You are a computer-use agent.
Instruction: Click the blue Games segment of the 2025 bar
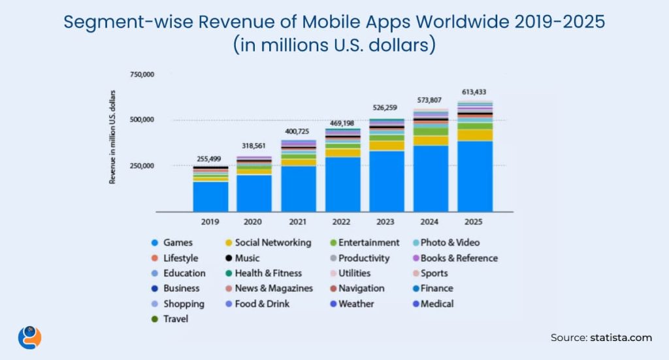475,176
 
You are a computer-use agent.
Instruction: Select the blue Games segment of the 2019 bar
210,196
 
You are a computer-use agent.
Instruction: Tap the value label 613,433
475,92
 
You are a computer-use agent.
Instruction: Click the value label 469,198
343,122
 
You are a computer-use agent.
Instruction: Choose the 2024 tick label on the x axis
431,222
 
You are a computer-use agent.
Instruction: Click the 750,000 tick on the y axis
142,74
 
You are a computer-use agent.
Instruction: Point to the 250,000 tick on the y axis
142,166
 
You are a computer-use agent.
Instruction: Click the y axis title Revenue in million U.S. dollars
112,137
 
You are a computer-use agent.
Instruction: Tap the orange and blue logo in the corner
29,337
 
